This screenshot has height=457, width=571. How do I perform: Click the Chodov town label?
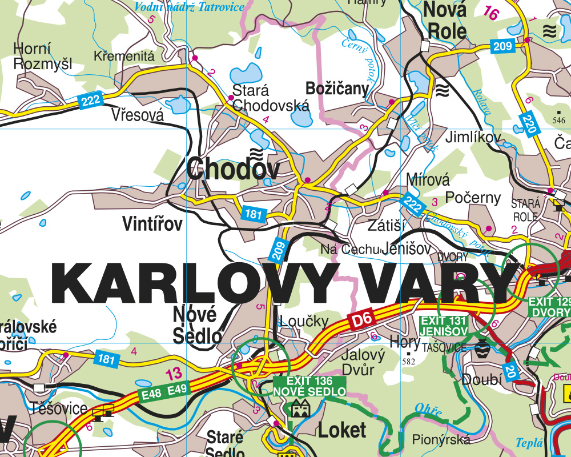click(234, 169)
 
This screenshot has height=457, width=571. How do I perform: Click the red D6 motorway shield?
click(361, 320)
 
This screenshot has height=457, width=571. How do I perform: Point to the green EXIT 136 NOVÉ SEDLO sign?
click(309, 386)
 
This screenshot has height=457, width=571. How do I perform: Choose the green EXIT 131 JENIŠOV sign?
click(444, 326)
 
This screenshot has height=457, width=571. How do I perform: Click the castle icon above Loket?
click(300, 407)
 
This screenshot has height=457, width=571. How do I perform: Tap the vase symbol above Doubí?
click(481, 348)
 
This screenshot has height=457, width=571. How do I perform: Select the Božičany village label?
click(337, 89)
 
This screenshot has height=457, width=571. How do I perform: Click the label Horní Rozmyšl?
click(43, 56)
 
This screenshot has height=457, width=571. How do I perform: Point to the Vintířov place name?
click(152, 224)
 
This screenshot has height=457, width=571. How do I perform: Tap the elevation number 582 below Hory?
click(408, 361)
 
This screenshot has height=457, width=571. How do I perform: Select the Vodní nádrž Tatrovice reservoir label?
click(189, 7)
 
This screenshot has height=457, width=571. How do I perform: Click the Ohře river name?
click(430, 410)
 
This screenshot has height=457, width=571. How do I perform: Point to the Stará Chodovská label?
click(271, 98)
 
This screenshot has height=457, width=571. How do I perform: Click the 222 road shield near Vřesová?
click(91, 101)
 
